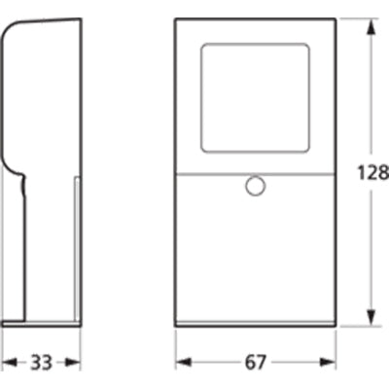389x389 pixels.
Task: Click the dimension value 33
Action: coord(40,363)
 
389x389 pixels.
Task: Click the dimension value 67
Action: coord(255,363)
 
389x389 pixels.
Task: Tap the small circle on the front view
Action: coord(256,185)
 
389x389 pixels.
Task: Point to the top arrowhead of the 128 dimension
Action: coord(371,25)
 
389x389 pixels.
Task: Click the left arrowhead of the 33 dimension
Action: coord(6,362)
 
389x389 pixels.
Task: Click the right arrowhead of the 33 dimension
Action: coord(75,362)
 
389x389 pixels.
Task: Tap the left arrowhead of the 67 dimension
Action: coord(180,362)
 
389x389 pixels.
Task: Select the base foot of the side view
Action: coord(41,322)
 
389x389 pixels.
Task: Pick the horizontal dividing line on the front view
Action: coord(214,173)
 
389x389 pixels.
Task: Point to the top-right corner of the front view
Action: coord(336,19)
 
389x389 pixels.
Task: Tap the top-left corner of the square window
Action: coord(202,44)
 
